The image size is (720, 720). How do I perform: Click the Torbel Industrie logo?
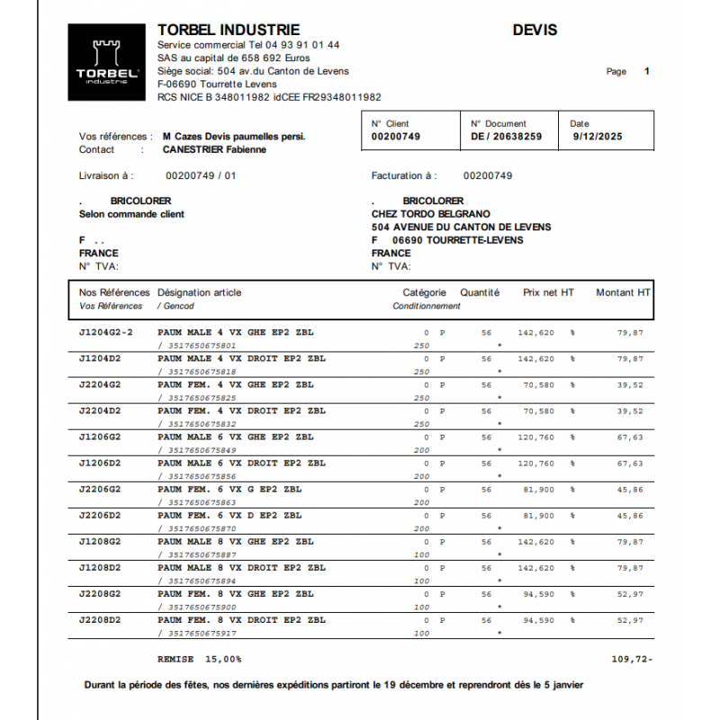[106, 62]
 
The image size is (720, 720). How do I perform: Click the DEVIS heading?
[535, 31]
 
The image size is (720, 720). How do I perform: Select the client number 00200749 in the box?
[396, 137]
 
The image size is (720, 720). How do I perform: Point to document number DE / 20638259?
[506, 137]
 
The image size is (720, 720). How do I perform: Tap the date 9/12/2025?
[597, 137]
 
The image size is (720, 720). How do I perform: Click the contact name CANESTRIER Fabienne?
[214, 149]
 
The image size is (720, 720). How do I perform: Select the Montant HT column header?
[623, 292]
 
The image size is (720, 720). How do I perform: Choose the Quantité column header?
[480, 292]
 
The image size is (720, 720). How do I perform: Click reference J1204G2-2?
[106, 333]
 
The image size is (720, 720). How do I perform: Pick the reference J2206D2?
[100, 516]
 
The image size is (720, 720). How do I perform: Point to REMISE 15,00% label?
[199, 659]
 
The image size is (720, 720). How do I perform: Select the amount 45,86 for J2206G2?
[630, 490]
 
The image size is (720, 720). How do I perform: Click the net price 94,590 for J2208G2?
[538, 594]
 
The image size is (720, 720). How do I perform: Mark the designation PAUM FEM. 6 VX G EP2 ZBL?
[229, 490]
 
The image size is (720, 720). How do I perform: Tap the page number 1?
[646, 71]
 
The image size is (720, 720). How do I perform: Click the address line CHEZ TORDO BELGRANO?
[430, 214]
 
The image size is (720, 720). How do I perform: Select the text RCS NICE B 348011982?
[212, 97]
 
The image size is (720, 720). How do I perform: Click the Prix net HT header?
[548, 292]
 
